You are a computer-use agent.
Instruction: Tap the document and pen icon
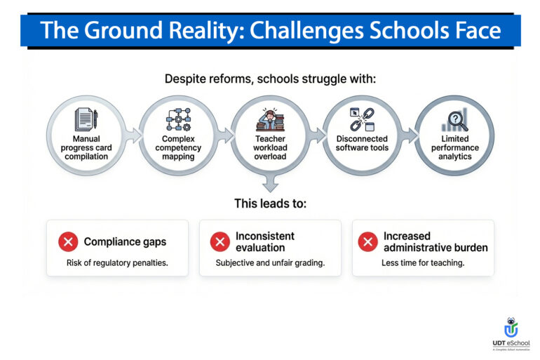pos(86,119)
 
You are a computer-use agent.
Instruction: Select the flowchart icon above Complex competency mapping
pos(178,119)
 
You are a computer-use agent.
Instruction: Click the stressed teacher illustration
pos(270,119)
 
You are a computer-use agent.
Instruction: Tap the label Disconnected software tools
pos(362,143)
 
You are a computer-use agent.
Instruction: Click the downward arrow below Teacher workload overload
pos(270,184)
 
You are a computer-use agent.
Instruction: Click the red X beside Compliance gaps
pos(68,242)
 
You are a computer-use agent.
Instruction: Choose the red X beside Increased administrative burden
pos(367,242)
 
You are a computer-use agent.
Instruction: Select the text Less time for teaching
pos(423,263)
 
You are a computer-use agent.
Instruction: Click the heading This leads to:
pos(270,204)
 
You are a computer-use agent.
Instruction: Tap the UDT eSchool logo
pos(511,333)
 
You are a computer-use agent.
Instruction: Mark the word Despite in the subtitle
pos(185,79)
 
